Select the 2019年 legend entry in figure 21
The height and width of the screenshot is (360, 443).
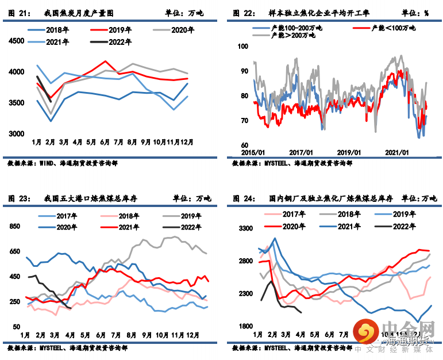tap(120, 29)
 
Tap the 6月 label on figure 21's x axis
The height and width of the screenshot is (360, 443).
tap(105, 142)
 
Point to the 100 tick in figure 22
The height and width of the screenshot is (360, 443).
tap(242, 47)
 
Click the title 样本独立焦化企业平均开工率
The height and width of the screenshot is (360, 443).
tap(326, 12)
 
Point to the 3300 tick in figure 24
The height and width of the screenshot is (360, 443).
tap(245, 228)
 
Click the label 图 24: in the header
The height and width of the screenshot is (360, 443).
tap(244, 199)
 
